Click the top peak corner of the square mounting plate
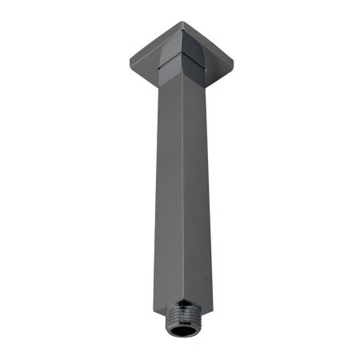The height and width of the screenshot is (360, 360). [178, 21]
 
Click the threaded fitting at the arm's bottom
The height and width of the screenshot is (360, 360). [181, 325]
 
